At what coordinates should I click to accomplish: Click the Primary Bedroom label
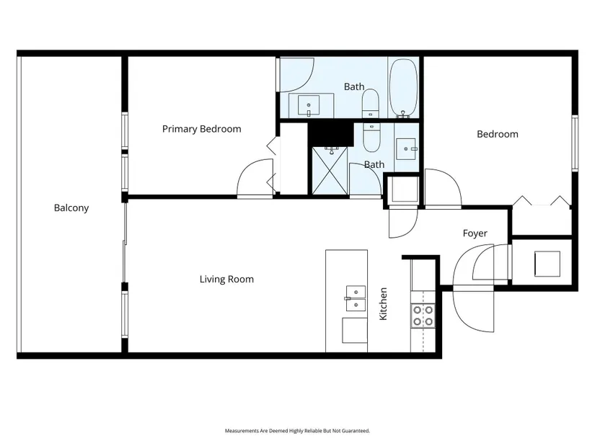pyautogui.click(x=201, y=129)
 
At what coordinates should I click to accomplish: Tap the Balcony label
pyautogui.click(x=71, y=208)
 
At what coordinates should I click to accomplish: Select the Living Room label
pyautogui.click(x=226, y=280)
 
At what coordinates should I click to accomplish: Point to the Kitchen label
pyautogui.click(x=383, y=304)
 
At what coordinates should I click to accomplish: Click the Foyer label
pyautogui.click(x=475, y=233)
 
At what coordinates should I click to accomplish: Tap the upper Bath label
pyautogui.click(x=354, y=87)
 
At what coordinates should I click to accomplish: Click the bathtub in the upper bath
pyautogui.click(x=403, y=88)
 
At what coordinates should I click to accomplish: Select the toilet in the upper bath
pyautogui.click(x=371, y=104)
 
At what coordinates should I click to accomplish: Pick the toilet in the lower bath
pyautogui.click(x=371, y=138)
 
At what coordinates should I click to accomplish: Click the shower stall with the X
pyautogui.click(x=330, y=171)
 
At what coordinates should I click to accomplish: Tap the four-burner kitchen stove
pyautogui.click(x=423, y=316)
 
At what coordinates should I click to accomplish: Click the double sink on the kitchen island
pyautogui.click(x=356, y=298)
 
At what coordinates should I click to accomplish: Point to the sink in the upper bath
pyautogui.click(x=309, y=105)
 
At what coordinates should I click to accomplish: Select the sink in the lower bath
pyautogui.click(x=406, y=149)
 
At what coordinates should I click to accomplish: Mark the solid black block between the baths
pyautogui.click(x=330, y=134)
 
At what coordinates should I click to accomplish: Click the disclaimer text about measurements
pyautogui.click(x=297, y=431)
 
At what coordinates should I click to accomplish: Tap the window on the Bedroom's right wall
pyautogui.click(x=575, y=143)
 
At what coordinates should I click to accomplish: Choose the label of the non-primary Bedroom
pyautogui.click(x=498, y=134)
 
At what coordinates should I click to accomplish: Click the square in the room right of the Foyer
pyautogui.click(x=547, y=264)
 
